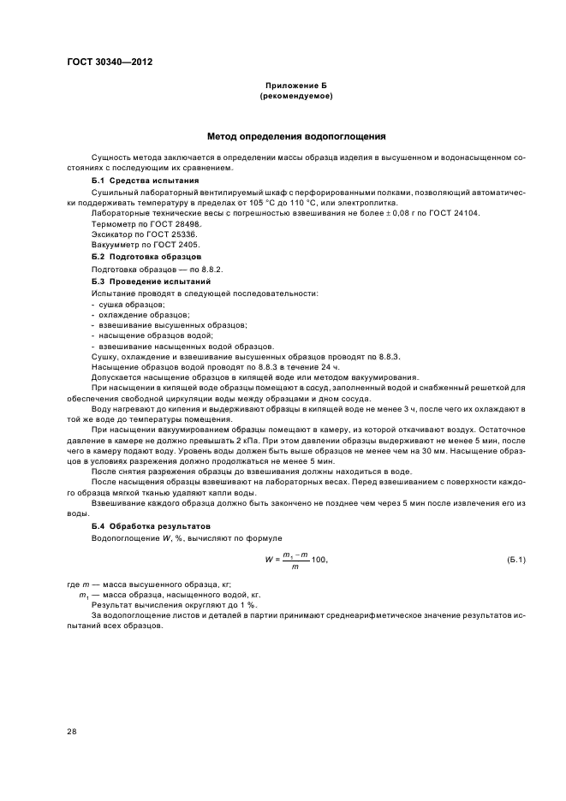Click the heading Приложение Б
[x=295, y=87]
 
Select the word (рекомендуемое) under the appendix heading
[x=295, y=97]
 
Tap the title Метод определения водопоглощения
[x=295, y=136]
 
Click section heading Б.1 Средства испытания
[x=145, y=181]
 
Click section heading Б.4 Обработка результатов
[x=152, y=525]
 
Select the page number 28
[x=72, y=731]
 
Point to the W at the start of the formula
[x=267, y=560]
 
